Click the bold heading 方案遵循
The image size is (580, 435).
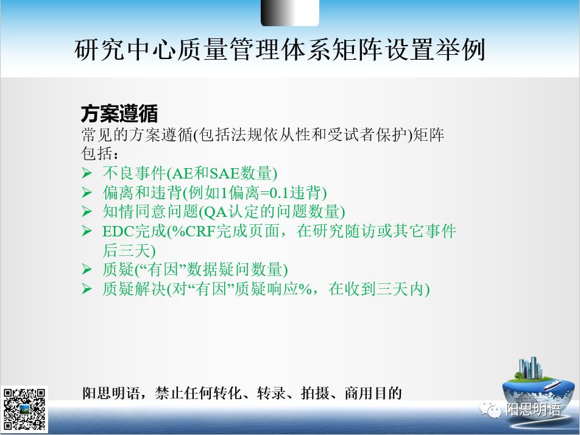[119, 114]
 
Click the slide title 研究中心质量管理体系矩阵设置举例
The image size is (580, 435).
[280, 50]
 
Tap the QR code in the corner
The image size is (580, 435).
[25, 409]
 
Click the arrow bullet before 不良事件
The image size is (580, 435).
[87, 173]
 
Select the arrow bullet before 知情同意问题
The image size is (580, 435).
[87, 212]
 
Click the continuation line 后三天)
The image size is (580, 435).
[129, 250]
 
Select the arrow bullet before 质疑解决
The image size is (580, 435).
[87, 289]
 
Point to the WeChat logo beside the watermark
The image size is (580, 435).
[490, 410]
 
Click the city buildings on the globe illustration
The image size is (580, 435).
[531, 368]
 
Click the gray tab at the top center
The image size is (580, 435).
[289, 12]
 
